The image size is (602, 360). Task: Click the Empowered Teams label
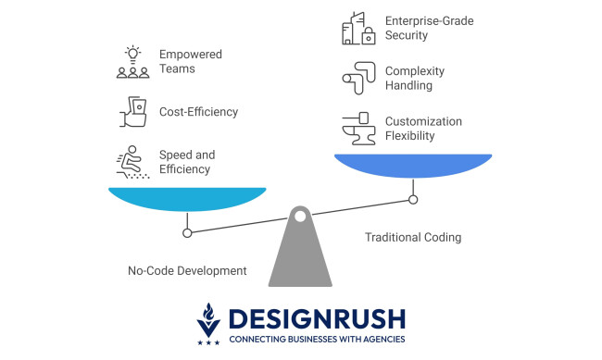click(192, 62)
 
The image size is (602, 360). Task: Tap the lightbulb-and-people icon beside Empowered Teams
click(133, 61)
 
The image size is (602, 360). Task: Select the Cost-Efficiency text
click(198, 112)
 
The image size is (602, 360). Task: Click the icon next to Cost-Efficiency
click(133, 111)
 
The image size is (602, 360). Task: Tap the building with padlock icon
click(357, 28)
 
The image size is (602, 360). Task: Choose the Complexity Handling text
click(415, 79)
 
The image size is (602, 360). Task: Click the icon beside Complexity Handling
click(357, 78)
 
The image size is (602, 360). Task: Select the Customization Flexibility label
click(423, 129)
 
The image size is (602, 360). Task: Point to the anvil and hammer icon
click(357, 129)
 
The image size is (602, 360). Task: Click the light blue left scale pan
click(187, 197)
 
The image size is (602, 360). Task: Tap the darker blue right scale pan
click(413, 165)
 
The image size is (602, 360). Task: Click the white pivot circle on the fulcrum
click(299, 217)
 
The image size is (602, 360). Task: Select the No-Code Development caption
click(187, 271)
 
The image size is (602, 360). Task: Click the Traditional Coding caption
click(413, 238)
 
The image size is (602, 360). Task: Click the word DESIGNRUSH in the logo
click(317, 319)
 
